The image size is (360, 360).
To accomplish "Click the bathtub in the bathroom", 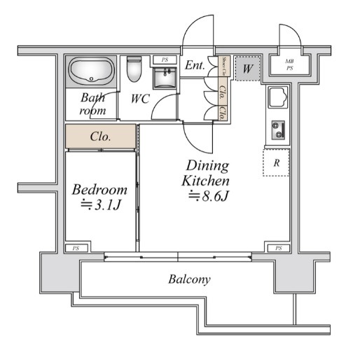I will tap(91, 72).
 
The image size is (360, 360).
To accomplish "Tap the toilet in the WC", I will tap(134, 70).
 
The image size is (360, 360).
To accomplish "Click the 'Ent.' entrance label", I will tap(195, 66).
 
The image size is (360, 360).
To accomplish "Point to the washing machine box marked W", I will tap(247, 69).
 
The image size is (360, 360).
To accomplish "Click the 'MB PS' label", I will tap(289, 65).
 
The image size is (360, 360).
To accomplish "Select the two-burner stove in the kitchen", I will tap(279, 130).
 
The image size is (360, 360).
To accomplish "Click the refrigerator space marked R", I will tap(277, 162).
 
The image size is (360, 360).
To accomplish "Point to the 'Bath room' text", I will tap(92, 104).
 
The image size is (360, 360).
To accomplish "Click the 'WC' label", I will tap(139, 98).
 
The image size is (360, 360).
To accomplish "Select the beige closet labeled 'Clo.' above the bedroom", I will tap(101, 137).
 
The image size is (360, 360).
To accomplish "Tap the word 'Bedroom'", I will tap(100, 189).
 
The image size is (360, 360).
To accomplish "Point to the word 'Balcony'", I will tap(189, 279).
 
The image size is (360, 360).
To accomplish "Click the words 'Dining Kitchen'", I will tap(207, 173).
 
